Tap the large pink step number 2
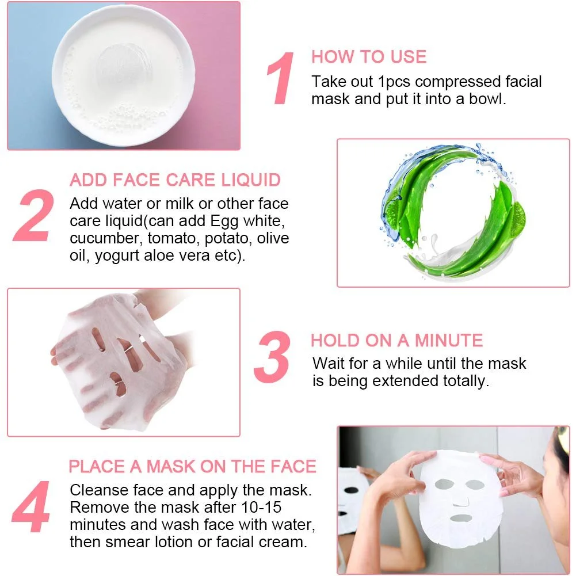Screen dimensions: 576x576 (33, 215)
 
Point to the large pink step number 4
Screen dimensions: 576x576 (31, 507)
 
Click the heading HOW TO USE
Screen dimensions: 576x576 (369, 57)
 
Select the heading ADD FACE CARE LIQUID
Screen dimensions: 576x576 (176, 180)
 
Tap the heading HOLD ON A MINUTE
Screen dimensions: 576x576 (396, 340)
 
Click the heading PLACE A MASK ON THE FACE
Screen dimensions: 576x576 (193, 467)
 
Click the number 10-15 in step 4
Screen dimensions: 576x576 (261, 508)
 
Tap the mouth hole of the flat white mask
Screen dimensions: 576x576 (461, 518)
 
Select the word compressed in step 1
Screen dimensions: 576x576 (457, 82)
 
